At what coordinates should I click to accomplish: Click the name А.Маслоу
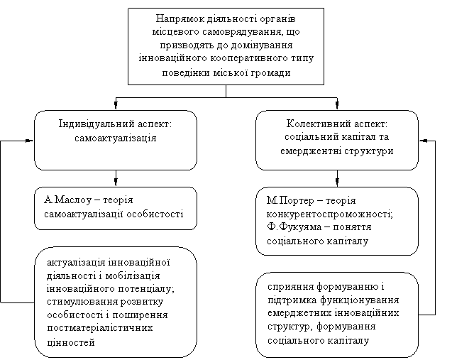click(x=67, y=200)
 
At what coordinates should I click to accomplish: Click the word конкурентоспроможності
click(x=329, y=214)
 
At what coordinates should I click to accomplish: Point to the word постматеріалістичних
click(x=100, y=328)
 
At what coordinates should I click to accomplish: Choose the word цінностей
click(x=71, y=342)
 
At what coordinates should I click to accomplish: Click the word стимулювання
click(x=82, y=302)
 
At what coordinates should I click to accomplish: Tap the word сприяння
click(x=290, y=287)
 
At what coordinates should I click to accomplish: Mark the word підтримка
click(x=292, y=300)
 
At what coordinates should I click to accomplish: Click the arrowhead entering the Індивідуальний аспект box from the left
click(x=30, y=141)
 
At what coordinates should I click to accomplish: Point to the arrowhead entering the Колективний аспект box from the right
click(x=424, y=141)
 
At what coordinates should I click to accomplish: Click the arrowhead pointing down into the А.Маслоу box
click(x=116, y=182)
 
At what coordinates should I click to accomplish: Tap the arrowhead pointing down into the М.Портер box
click(x=337, y=182)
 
